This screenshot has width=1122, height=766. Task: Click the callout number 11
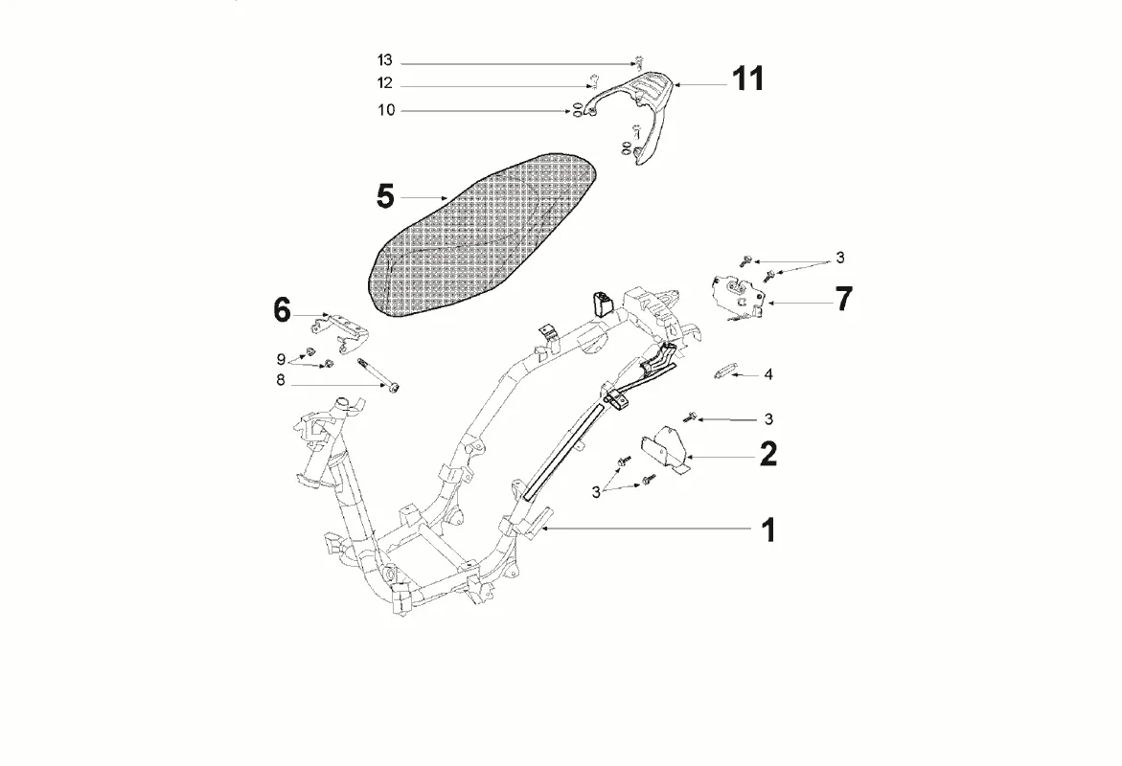(x=748, y=79)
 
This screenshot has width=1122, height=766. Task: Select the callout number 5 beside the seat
(x=384, y=197)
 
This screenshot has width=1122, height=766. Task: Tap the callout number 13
(x=384, y=61)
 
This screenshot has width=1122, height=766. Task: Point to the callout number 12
(x=384, y=84)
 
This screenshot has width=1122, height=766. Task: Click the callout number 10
(x=385, y=111)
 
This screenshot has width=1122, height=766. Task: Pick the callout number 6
(x=282, y=310)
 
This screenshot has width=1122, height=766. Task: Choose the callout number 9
(x=282, y=360)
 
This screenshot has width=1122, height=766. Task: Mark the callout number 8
(x=281, y=379)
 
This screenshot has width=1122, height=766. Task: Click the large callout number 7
(x=842, y=299)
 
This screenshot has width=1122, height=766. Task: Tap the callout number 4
(x=768, y=374)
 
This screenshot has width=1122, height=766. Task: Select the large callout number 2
(x=768, y=454)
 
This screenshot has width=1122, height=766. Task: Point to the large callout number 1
(x=768, y=529)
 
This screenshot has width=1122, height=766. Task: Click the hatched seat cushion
(x=479, y=235)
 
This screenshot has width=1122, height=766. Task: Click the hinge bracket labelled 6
(x=346, y=329)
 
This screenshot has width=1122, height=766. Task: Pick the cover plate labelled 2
(x=666, y=453)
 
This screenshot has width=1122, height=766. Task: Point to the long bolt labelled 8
(x=376, y=374)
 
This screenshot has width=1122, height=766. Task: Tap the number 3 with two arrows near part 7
(x=839, y=258)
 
